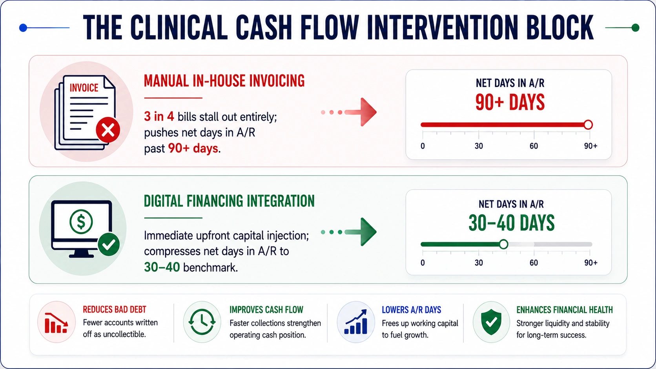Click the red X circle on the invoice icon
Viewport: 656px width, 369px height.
coord(108,130)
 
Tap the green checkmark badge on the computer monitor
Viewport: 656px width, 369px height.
coord(109,245)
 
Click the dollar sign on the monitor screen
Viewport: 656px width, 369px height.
coord(81,222)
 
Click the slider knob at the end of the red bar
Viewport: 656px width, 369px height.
coord(588,125)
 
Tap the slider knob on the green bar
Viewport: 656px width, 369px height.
coord(503,244)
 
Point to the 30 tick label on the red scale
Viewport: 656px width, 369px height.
coord(479,146)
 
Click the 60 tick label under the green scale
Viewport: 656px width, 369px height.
coord(534,263)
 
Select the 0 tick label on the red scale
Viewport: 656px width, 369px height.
coord(423,146)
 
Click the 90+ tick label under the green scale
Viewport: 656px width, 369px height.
coord(591,263)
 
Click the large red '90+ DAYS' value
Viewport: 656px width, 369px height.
coord(510,102)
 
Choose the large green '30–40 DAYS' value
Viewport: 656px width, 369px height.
coord(511,223)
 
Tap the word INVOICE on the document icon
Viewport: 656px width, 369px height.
coord(84,88)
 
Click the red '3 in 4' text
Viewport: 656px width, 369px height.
coord(159,117)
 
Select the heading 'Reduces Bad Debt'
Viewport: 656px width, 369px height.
coord(114,310)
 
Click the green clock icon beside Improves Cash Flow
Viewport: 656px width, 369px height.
coord(202,322)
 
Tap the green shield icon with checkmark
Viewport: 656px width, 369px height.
coord(491,322)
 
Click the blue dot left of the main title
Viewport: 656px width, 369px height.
coord(23,28)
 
